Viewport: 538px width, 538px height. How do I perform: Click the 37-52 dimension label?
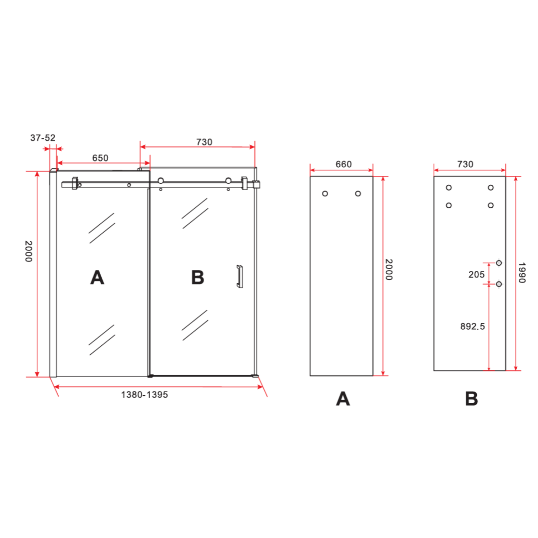[x=43, y=138]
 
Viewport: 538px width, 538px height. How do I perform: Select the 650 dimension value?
[x=100, y=158]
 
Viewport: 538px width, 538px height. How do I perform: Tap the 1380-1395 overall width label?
[x=144, y=395]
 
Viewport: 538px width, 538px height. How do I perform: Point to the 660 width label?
[x=343, y=164]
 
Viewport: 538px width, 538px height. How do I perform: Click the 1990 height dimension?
[x=522, y=273]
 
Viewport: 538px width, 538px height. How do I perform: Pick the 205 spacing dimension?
[x=476, y=275]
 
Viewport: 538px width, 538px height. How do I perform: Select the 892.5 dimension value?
[x=472, y=326]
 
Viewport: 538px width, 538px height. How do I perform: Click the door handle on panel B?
[x=240, y=277]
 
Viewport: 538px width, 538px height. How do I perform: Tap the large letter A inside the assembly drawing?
[x=97, y=278]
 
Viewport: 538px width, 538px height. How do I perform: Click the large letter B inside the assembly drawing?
[x=197, y=278]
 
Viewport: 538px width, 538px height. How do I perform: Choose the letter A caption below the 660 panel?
[x=343, y=399]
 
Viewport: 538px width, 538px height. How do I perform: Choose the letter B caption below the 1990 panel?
[x=471, y=399]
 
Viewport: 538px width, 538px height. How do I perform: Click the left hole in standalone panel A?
[x=325, y=194]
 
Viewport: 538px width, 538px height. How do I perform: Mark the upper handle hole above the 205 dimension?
[x=499, y=263]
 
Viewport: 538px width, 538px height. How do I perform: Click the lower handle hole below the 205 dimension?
[x=499, y=284]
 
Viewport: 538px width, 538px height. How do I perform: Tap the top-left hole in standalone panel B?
[x=449, y=188]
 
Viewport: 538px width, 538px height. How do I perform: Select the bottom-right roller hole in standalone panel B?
[x=490, y=205]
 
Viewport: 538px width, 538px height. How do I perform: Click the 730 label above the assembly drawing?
[x=204, y=142]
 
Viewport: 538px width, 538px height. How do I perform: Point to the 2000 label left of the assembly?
[x=29, y=251]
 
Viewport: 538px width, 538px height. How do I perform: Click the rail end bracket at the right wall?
[x=257, y=184]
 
